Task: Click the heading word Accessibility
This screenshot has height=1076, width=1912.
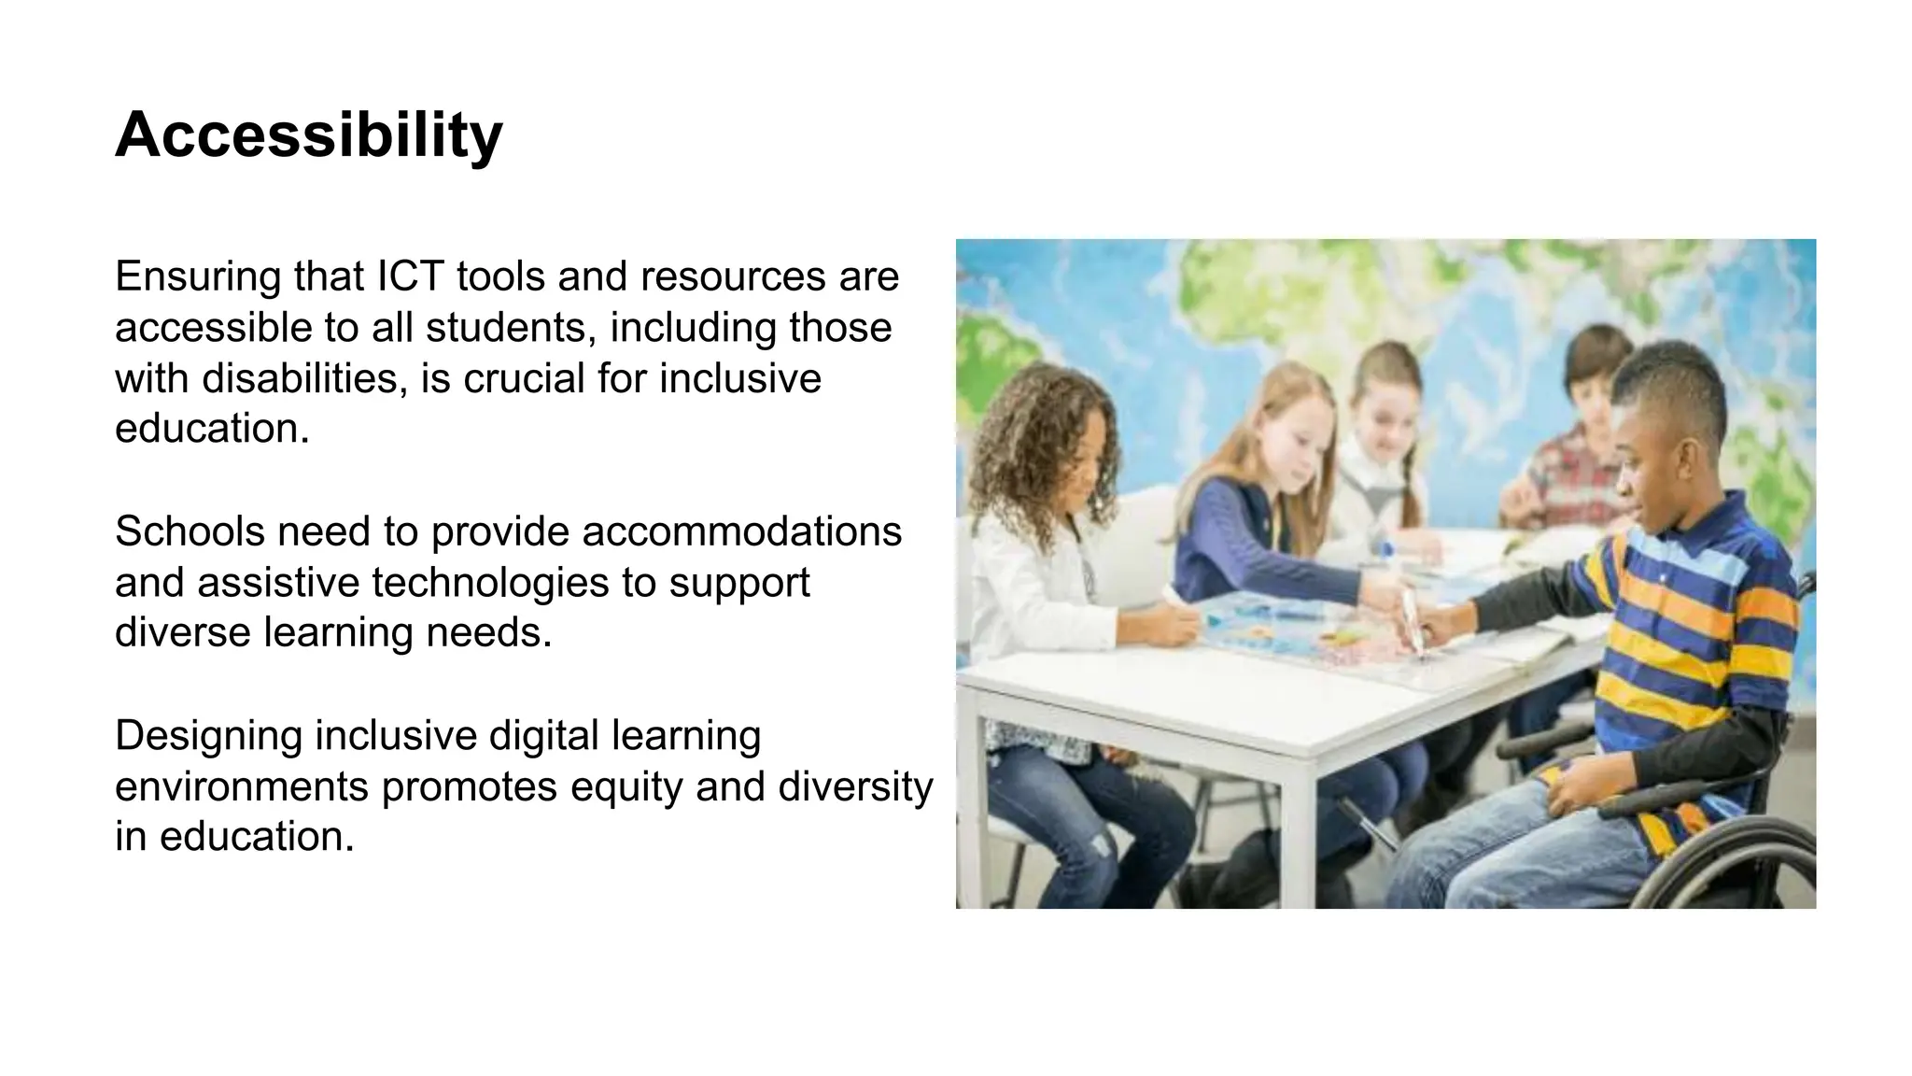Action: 308,136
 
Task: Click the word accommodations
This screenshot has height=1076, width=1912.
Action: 741,531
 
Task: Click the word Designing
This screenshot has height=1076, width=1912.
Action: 208,736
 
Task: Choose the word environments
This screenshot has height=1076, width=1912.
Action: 242,786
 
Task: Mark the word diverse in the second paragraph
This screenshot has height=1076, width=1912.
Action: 183,632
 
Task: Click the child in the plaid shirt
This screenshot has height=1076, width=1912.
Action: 1578,458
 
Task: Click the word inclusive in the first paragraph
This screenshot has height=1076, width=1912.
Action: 739,378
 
